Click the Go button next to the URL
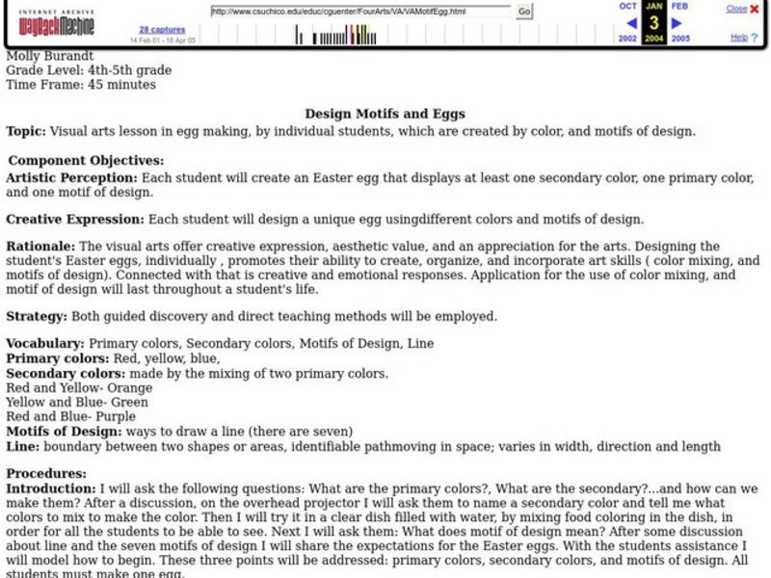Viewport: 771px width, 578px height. tap(524, 12)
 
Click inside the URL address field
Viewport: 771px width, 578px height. tap(360, 12)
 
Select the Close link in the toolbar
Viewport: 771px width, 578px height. tap(736, 9)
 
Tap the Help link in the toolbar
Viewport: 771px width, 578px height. tap(738, 38)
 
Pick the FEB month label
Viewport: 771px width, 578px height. tap(679, 6)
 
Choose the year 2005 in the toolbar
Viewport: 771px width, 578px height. tap(680, 39)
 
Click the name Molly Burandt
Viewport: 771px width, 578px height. tap(48, 55)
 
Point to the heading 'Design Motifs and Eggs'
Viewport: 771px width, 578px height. tap(385, 114)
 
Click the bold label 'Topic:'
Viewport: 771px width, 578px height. tap(25, 130)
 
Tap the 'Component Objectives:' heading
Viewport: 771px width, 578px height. tap(86, 161)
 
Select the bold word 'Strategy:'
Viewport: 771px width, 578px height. tap(36, 316)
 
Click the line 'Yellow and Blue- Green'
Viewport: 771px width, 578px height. tap(77, 402)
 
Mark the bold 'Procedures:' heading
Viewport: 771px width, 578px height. tap(45, 474)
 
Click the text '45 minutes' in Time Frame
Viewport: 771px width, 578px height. tap(122, 85)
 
